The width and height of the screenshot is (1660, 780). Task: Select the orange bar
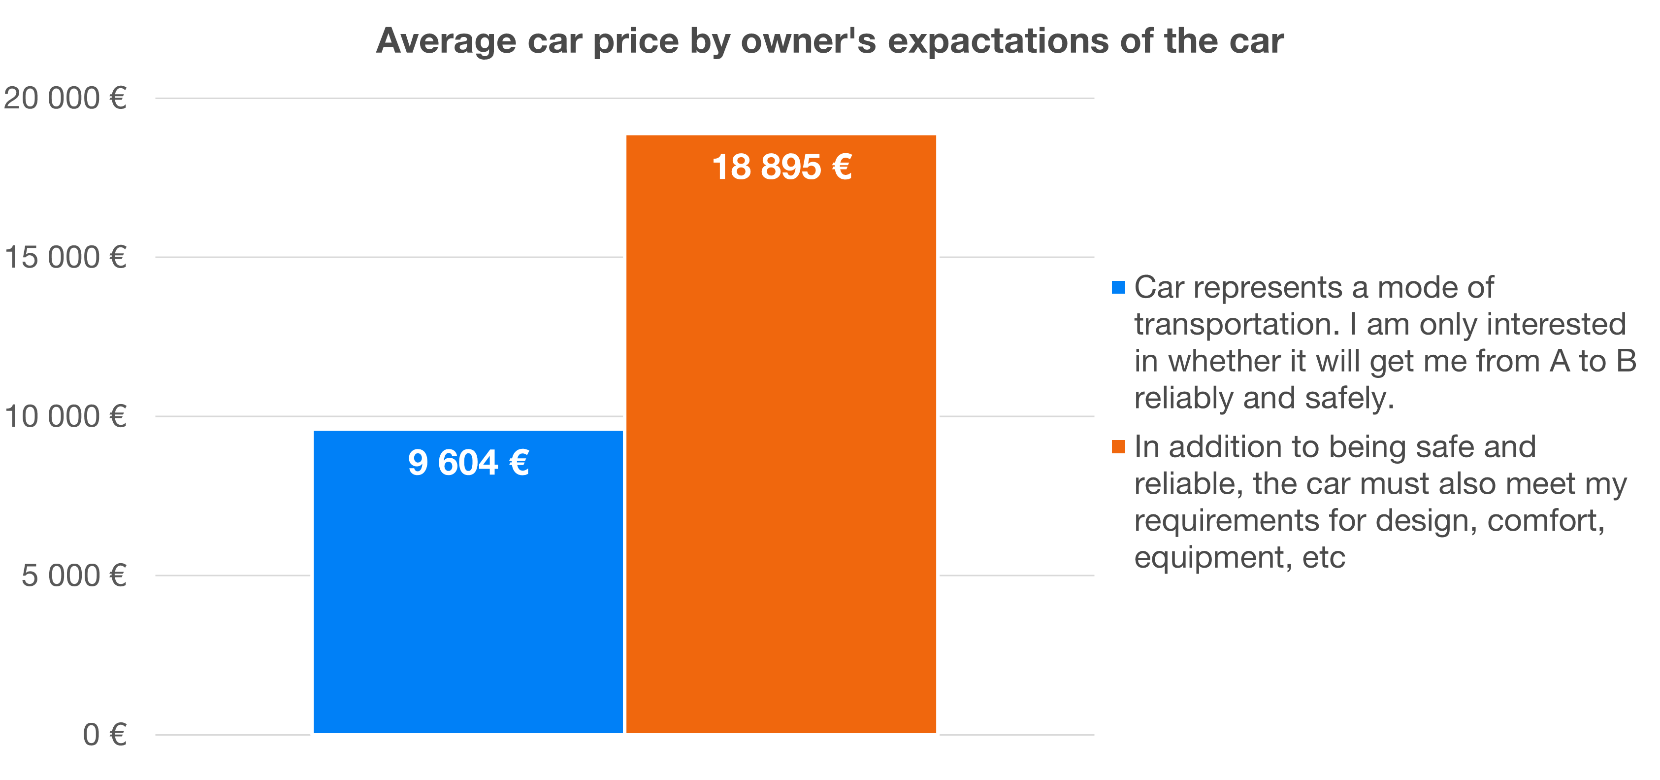click(x=781, y=451)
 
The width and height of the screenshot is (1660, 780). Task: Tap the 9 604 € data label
click(x=468, y=463)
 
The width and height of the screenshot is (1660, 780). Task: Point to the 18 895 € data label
click(x=781, y=167)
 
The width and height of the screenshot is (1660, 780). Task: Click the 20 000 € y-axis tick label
click(x=65, y=99)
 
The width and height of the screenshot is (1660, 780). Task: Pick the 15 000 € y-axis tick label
click(x=65, y=257)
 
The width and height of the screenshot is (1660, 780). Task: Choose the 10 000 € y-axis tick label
click(x=65, y=416)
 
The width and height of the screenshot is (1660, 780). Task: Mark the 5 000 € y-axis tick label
click(x=73, y=575)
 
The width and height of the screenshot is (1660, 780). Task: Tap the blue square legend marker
click(x=1118, y=287)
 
